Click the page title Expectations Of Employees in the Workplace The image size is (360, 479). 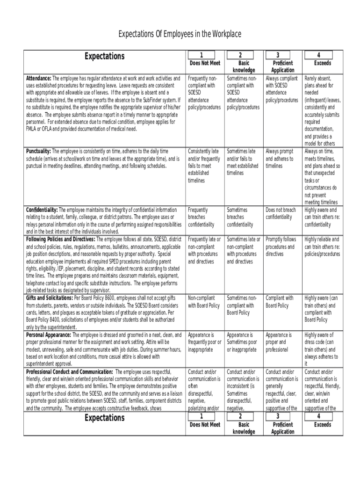pyautogui.click(x=180, y=34)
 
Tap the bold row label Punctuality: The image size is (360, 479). pyautogui.click(x=38, y=152)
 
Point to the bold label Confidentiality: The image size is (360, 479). pyautogui.click(x=42, y=210)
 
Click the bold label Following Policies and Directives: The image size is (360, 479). pyautogui.click(x=60, y=239)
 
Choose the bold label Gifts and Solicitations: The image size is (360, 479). pyautogui.click(x=49, y=298)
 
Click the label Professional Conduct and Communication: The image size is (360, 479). pyautogui.click(x=69, y=372)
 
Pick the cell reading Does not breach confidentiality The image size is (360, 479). pyautogui.click(x=281, y=214)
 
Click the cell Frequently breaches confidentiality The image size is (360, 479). pyautogui.click(x=201, y=218)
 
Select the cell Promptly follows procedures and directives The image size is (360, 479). pyautogui.click(x=281, y=247)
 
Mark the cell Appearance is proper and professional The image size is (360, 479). pyautogui.click(x=279, y=342)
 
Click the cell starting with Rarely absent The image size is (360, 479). pyautogui.click(x=322, y=111)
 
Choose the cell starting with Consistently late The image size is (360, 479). pyautogui.click(x=203, y=166)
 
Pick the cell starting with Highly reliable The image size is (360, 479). pyautogui.click(x=322, y=247)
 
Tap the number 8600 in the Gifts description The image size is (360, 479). pyautogui.click(x=109, y=298)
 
